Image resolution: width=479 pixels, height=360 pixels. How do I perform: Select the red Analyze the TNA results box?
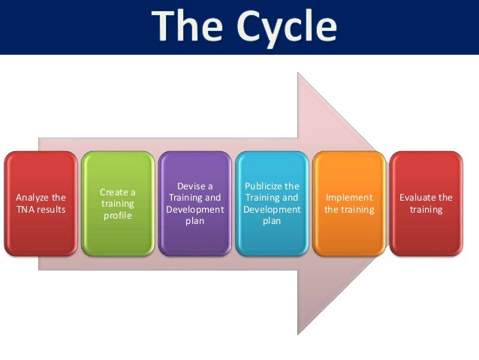tap(41, 204)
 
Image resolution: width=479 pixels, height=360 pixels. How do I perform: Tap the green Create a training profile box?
tap(117, 204)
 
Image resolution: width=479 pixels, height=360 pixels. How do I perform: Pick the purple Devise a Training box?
tap(194, 204)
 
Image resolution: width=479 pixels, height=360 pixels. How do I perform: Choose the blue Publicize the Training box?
tap(272, 204)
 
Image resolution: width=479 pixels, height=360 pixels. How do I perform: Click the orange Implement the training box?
tap(349, 204)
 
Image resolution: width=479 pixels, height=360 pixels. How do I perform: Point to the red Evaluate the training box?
tap(426, 204)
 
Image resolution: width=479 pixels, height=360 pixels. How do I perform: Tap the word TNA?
tap(27, 210)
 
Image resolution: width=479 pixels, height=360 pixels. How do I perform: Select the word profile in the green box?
tap(117, 216)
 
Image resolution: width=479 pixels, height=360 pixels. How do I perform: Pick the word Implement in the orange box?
tap(349, 198)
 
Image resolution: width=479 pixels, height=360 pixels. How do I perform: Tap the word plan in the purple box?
tap(194, 222)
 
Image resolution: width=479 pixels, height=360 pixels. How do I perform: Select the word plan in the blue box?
tap(272, 222)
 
